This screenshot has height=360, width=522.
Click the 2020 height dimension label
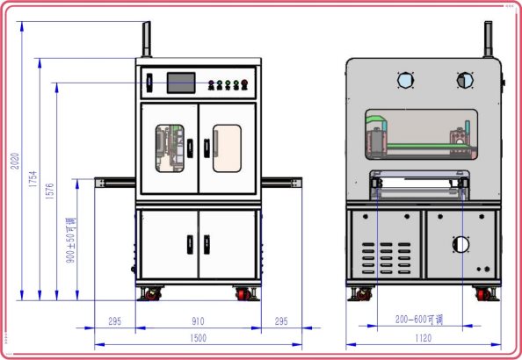[15, 161]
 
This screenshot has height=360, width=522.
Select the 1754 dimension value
[33, 179]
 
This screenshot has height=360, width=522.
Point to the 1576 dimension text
[49, 191]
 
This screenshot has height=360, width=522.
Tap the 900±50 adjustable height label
[70, 241]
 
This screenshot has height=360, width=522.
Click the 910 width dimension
[198, 321]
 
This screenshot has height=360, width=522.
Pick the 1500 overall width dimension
[199, 338]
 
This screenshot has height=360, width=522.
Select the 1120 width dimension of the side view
[423, 338]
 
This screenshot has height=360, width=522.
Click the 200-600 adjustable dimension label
[419, 320]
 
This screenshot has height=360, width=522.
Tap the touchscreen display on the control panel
[181, 83]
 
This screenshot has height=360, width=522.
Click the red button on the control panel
[244, 84]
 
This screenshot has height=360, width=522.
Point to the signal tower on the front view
[147, 40]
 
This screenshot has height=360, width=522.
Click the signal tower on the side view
[488, 40]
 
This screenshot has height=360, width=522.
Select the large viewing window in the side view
[421, 134]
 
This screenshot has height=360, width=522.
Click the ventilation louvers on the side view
[386, 258]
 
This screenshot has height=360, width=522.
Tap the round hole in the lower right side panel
[461, 245]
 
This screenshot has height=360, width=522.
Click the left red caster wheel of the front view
[152, 294]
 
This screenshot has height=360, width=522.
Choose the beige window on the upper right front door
[227, 148]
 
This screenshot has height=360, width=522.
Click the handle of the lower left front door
[190, 245]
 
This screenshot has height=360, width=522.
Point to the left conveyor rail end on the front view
[100, 183]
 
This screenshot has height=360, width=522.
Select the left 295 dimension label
[115, 321]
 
